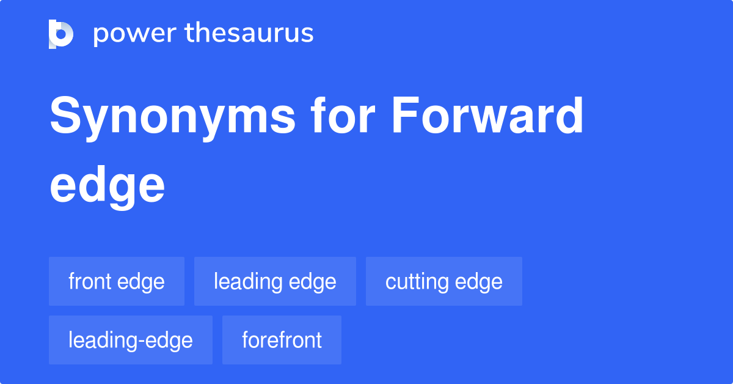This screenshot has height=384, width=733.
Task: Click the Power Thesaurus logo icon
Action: pos(61,34)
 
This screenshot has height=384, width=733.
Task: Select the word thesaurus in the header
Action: pos(249,34)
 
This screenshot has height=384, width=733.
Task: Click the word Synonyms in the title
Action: pos(172,117)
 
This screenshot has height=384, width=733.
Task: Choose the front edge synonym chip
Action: pos(117,281)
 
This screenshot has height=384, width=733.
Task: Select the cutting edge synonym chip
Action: pos(444,281)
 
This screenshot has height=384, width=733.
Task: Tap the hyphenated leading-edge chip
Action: pos(131,340)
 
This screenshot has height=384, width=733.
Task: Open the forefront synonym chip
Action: pos(282,340)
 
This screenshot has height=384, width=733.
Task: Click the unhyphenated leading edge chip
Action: pos(275,281)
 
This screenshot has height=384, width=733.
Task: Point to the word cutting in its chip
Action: pos(415,281)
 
